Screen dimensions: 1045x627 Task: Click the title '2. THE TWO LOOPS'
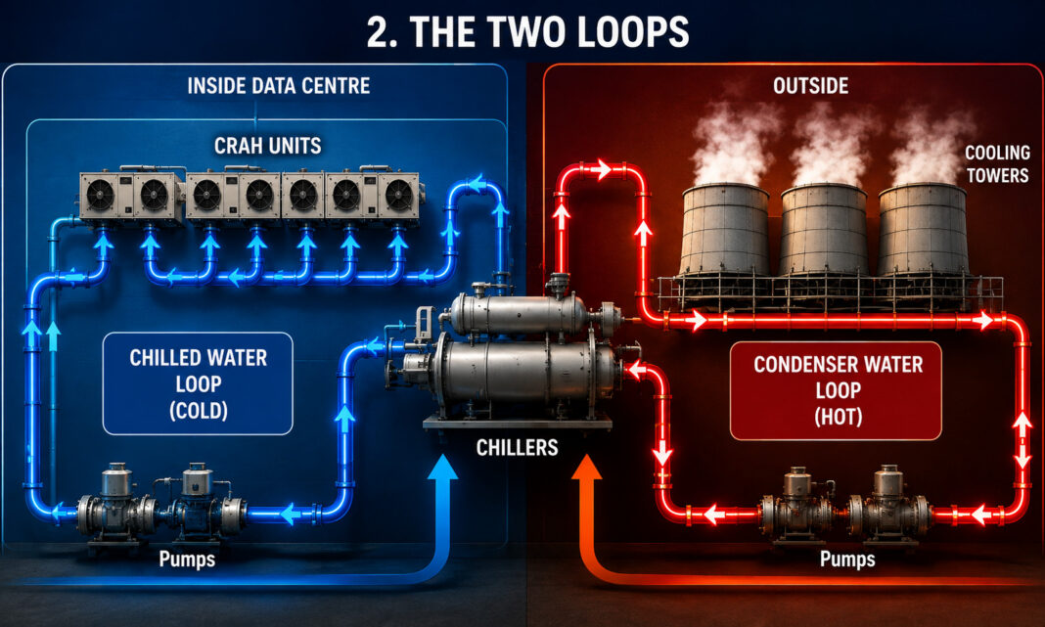[x=527, y=31]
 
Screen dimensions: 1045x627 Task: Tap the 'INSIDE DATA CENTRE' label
[x=279, y=86]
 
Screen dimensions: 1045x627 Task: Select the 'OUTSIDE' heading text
[x=810, y=86]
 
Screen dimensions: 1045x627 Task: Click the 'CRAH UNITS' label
[x=268, y=145]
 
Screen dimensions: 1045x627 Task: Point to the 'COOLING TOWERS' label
[x=998, y=164]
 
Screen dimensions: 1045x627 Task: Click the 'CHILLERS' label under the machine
[x=518, y=447]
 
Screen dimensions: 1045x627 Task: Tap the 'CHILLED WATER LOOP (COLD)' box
[x=198, y=383]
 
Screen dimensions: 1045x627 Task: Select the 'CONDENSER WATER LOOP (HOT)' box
[x=837, y=391]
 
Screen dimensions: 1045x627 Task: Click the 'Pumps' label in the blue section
[x=187, y=559]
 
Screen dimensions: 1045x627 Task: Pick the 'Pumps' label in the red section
[x=847, y=559]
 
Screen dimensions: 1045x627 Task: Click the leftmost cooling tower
[x=724, y=230]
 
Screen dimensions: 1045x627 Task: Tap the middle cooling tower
[x=824, y=230]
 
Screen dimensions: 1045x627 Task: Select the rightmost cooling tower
[x=923, y=230]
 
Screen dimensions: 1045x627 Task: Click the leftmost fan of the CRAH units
[x=100, y=196]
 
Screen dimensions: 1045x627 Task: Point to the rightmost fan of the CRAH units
[x=398, y=196]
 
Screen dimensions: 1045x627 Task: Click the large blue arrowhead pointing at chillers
[x=442, y=468]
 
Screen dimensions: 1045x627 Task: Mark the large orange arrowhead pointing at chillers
[x=586, y=468]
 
